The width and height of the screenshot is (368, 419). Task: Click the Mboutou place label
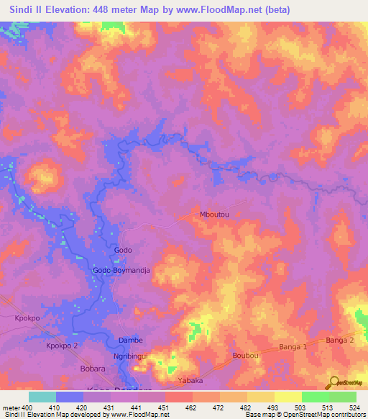pos(215,214)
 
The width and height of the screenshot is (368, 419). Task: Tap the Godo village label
pos(123,250)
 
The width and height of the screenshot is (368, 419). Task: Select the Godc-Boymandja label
pos(126,270)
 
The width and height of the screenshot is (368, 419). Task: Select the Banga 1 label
pos(294,347)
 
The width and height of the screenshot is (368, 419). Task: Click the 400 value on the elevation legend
pos(27,407)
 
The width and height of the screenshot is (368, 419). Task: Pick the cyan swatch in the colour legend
pos(42,397)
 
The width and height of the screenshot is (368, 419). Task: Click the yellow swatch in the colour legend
pos(288,397)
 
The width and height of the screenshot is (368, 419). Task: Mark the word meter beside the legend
pos(11,407)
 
